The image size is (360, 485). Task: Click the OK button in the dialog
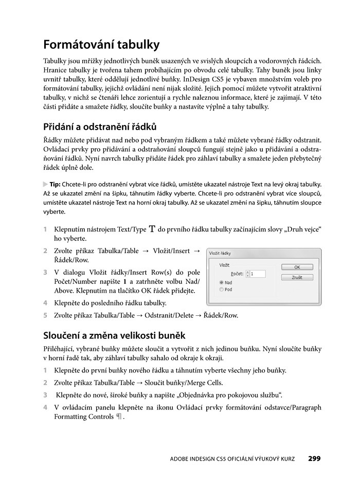click(297, 267)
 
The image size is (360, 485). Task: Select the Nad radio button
click(222, 282)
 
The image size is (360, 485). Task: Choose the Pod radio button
click(222, 290)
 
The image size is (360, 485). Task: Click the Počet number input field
click(258, 274)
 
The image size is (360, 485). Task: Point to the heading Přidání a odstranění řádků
click(100, 127)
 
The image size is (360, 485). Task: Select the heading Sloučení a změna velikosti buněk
click(114, 336)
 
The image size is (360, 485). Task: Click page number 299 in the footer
click(314, 458)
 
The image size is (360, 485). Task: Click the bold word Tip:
click(55, 184)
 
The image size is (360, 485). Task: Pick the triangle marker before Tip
click(46, 184)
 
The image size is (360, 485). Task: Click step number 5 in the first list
click(45, 315)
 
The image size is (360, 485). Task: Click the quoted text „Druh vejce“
click(308, 229)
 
